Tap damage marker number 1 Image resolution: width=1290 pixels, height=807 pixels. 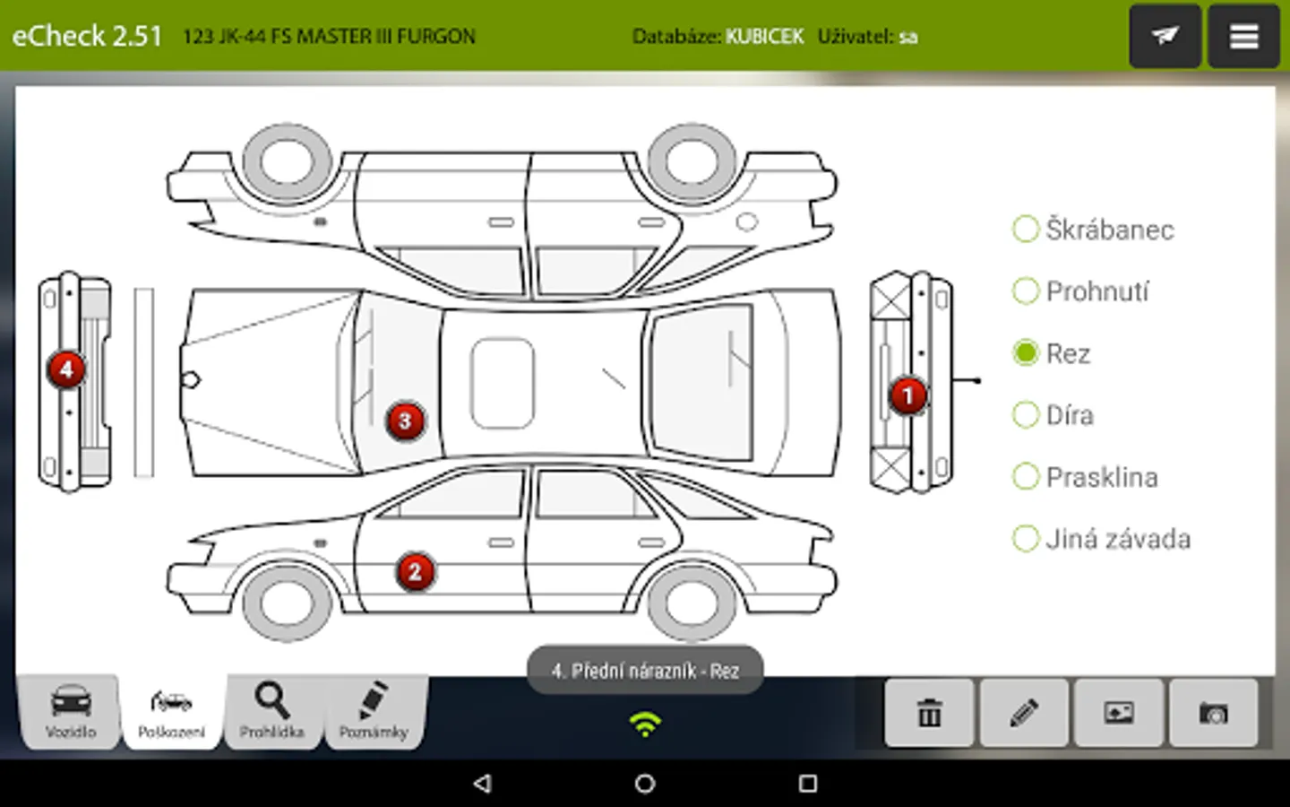point(908,396)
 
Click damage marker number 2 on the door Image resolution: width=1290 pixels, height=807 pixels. point(416,572)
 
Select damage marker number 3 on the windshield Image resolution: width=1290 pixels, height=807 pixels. point(406,421)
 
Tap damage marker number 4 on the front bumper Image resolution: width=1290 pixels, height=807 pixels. point(66,369)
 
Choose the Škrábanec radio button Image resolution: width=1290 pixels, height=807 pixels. point(1026,229)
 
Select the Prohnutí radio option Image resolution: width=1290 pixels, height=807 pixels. point(1026,291)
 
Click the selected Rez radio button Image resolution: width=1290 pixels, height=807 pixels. point(1026,352)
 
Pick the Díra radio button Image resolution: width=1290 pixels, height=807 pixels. point(1026,414)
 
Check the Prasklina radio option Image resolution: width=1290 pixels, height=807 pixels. point(1026,477)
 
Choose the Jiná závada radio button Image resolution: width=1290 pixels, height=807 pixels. point(1026,539)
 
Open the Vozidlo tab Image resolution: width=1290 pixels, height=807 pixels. point(70,713)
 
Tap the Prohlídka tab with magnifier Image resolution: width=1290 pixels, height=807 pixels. point(272,713)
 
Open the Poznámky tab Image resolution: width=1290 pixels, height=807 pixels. point(374,713)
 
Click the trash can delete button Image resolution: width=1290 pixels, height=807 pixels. point(929,713)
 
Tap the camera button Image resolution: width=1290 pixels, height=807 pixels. point(1214,713)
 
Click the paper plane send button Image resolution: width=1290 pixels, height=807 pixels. point(1165,36)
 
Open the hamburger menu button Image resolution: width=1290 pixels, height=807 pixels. point(1244,36)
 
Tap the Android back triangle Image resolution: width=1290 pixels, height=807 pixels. point(483,784)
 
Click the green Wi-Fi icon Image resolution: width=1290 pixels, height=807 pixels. point(645,724)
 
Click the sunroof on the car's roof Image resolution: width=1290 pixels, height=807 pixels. point(503,384)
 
